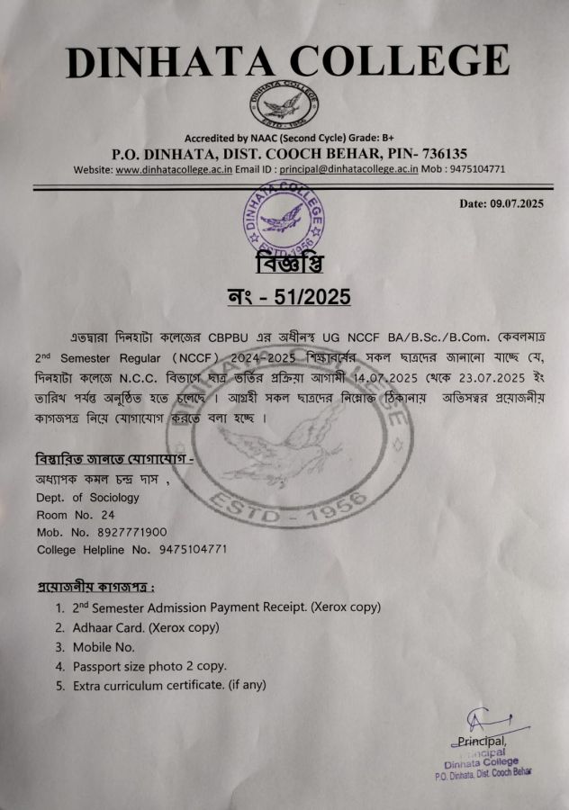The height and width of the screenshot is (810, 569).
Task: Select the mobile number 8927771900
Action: (127, 532)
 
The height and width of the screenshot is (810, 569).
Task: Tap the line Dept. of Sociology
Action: (87, 498)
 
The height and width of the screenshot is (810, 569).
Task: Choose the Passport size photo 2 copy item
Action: (149, 667)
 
